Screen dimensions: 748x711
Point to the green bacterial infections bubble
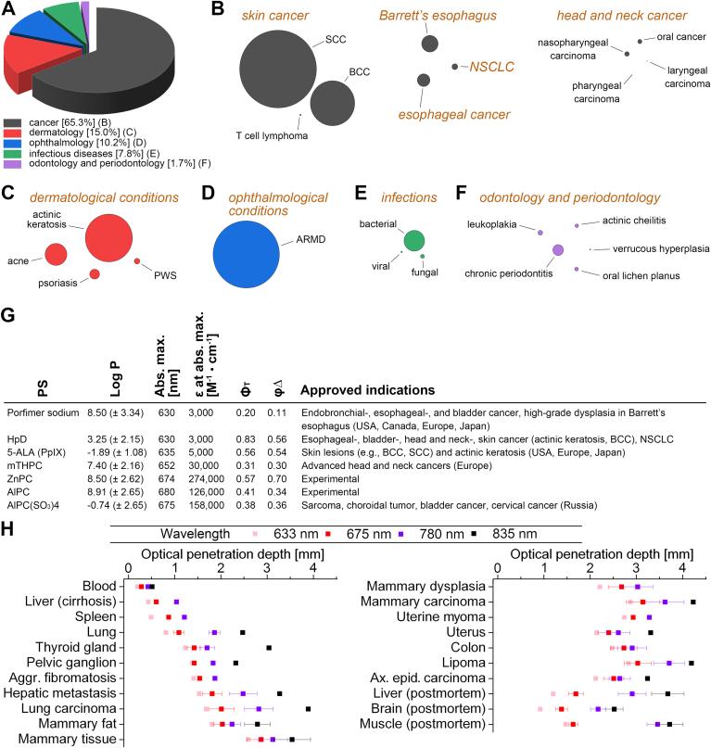tap(413, 240)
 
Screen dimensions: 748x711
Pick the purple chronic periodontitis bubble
tap(557, 249)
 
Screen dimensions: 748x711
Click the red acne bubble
tap(56, 254)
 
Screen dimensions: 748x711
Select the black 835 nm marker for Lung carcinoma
tap(308, 708)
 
